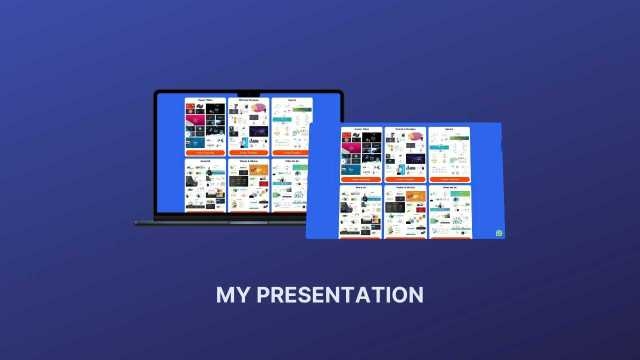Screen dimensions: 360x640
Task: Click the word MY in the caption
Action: (232, 295)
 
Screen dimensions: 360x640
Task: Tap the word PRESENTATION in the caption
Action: (339, 295)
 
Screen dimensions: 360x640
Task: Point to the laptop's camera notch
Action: (248, 94)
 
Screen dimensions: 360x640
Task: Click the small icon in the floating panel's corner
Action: (498, 233)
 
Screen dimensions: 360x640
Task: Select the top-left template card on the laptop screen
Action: (205, 126)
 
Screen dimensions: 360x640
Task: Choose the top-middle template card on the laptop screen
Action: (248, 126)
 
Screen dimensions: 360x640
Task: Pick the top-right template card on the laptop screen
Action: (291, 126)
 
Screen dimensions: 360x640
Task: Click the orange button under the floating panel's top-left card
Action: (360, 179)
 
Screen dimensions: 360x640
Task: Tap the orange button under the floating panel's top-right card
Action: (450, 179)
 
